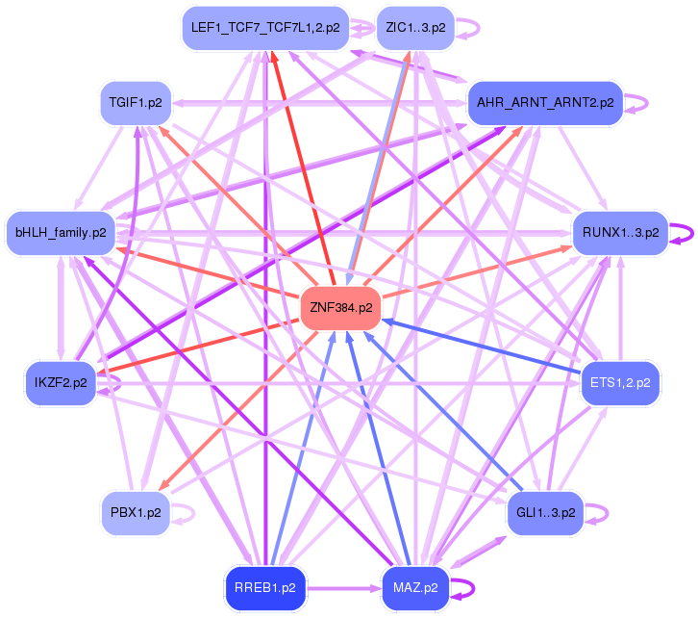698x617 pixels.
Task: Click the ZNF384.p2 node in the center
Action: click(340, 308)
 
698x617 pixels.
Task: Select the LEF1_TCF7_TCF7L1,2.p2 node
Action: click(265, 28)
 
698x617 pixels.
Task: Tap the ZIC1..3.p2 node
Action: click(411, 28)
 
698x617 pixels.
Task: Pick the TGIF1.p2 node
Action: click(136, 102)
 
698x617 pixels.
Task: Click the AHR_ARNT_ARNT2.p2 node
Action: click(545, 102)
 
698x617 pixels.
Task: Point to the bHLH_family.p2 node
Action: click(61, 233)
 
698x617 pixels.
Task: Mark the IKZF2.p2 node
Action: click(61, 383)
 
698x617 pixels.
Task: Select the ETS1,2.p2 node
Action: click(620, 383)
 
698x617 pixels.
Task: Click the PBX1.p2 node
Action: click(136, 512)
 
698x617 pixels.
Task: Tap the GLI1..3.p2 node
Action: click(545, 512)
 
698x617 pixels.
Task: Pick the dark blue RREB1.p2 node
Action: click(265, 586)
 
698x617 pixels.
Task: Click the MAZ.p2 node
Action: click(415, 586)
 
